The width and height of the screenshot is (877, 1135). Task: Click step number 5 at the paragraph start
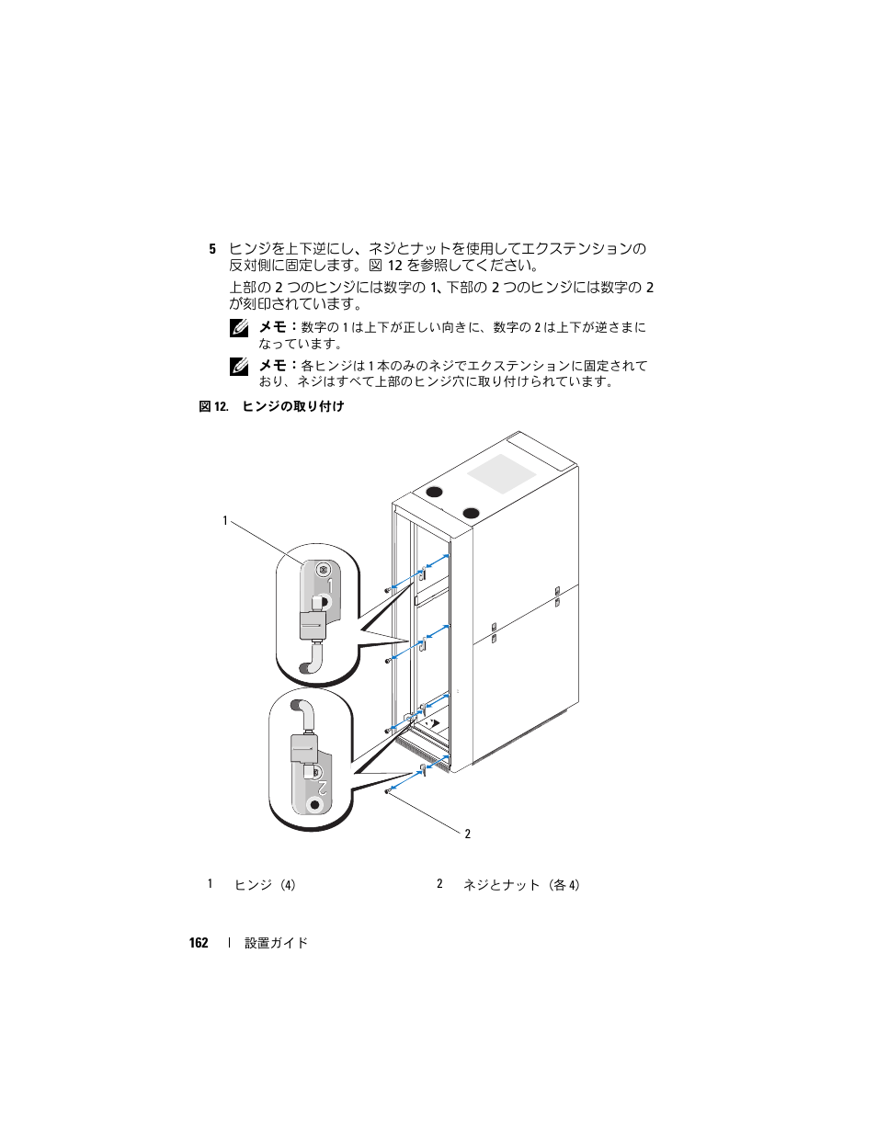(212, 249)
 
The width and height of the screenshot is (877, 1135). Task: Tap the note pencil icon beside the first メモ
(239, 328)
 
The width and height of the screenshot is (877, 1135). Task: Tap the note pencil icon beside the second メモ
(239, 366)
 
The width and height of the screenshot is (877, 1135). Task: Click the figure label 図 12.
(213, 406)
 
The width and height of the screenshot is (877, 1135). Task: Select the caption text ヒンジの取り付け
(293, 406)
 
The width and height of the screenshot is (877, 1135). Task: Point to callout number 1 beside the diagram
(224, 521)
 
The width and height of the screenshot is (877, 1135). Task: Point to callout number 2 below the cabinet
(467, 834)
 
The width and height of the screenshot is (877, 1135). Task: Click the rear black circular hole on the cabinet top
(431, 491)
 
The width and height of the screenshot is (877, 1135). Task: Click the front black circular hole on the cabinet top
(471, 512)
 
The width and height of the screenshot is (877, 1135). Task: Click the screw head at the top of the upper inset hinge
(323, 570)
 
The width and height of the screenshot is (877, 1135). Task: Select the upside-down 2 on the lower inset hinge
(322, 787)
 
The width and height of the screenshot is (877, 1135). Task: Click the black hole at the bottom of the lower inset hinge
(315, 804)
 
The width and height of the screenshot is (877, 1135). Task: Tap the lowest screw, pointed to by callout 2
(388, 791)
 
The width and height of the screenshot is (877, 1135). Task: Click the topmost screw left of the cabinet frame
(388, 590)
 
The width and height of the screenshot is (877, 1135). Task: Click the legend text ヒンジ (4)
(265, 885)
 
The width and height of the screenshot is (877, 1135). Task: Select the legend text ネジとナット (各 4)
(521, 885)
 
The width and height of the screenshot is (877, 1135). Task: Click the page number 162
(199, 943)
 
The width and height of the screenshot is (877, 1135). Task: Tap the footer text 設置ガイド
(276, 943)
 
